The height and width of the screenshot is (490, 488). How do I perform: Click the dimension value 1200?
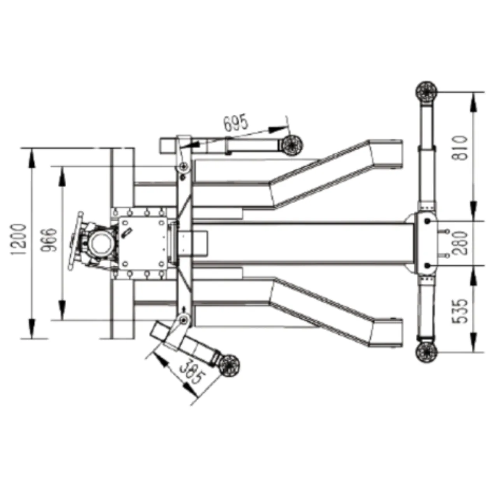coord(18,239)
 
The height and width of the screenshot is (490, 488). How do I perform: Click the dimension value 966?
coord(49,240)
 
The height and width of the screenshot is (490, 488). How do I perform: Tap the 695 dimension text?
coord(235,123)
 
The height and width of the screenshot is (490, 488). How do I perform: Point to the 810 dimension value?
coord(460,148)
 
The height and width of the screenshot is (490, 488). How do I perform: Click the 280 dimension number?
coord(460,243)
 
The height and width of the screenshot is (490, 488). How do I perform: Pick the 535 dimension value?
coord(460,311)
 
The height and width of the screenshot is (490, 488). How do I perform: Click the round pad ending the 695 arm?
coord(293,145)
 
